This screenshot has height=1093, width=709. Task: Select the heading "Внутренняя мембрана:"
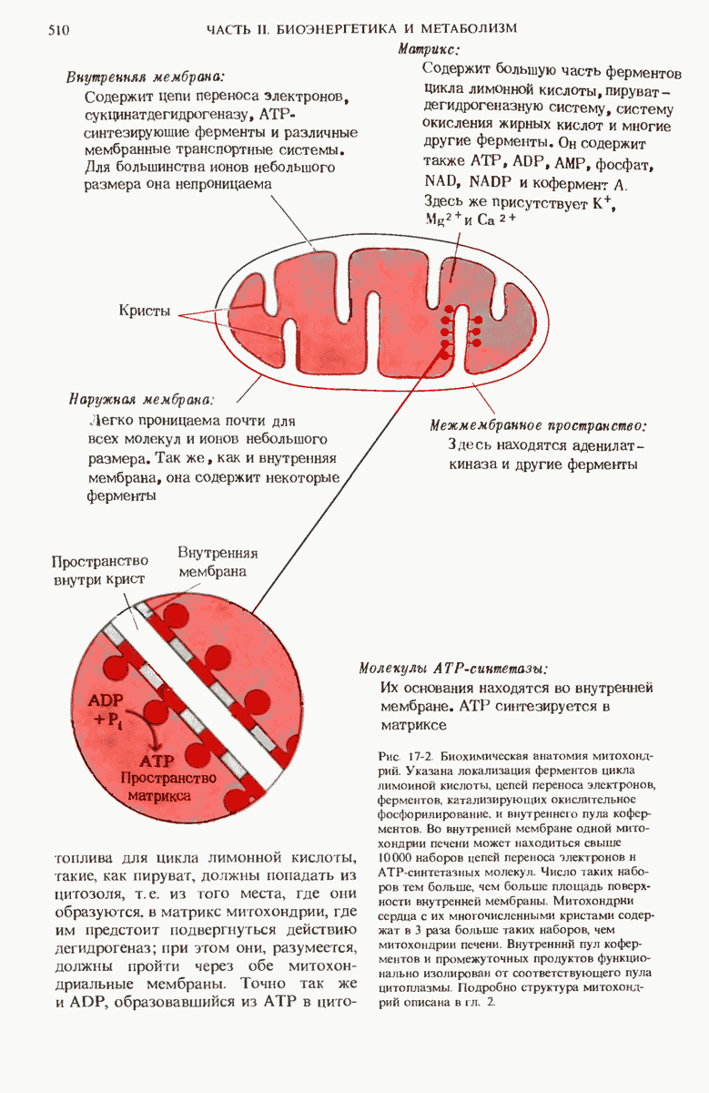[145, 77]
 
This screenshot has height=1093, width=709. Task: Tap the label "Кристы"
[145, 310]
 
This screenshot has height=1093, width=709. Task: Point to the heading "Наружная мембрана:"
[141, 400]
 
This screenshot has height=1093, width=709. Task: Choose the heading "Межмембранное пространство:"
[538, 424]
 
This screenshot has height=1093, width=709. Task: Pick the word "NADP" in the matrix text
[485, 183]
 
